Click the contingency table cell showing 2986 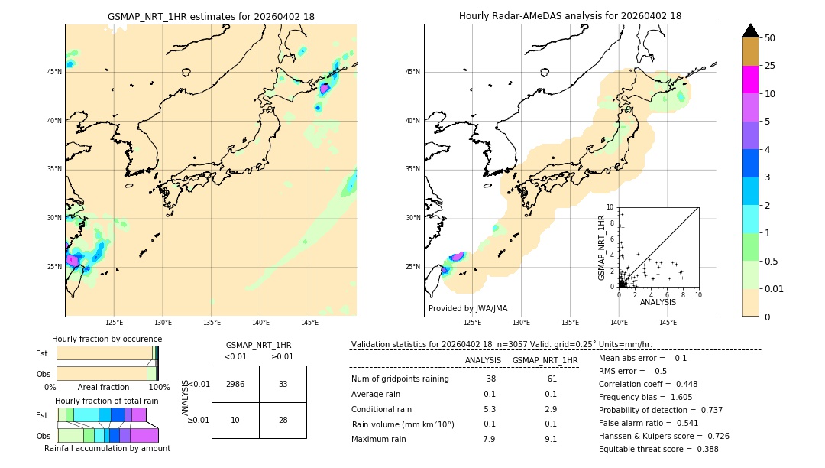pyautogui.click(x=235, y=384)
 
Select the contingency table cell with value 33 pyautogui.click(x=283, y=384)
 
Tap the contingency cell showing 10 pyautogui.click(x=235, y=420)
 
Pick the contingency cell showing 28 pyautogui.click(x=283, y=420)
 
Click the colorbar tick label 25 pyautogui.click(x=770, y=66)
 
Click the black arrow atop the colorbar pyautogui.click(x=751, y=31)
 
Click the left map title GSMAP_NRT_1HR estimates pyautogui.click(x=211, y=16)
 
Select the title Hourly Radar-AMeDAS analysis pyautogui.click(x=570, y=16)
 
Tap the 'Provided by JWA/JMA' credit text pyautogui.click(x=467, y=308)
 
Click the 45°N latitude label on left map pyautogui.click(x=54, y=72)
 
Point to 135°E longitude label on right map pyautogui.click(x=570, y=323)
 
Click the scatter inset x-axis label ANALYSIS pyautogui.click(x=658, y=303)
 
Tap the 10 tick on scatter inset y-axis pyautogui.click(x=610, y=206)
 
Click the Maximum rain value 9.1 pyautogui.click(x=550, y=439)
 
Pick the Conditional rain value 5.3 pyautogui.click(x=490, y=409)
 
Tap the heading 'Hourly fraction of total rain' pyautogui.click(x=107, y=401)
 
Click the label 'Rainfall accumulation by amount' pyautogui.click(x=108, y=448)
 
